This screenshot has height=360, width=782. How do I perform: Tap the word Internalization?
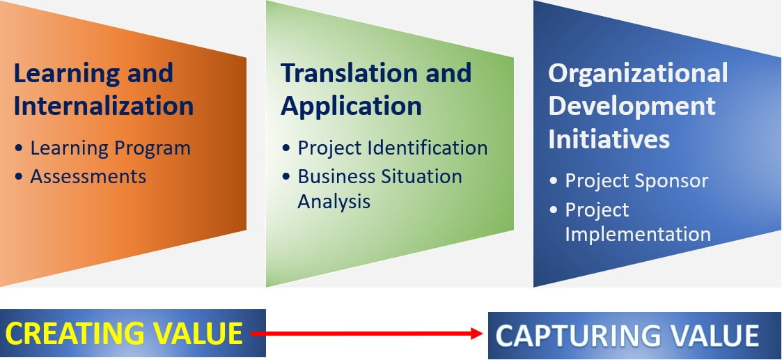pyautogui.click(x=104, y=107)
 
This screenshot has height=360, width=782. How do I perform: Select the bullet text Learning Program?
pyautogui.click(x=110, y=148)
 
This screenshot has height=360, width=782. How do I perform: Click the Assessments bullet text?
pyautogui.click(x=88, y=176)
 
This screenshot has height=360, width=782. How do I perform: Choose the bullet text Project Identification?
pyautogui.click(x=393, y=148)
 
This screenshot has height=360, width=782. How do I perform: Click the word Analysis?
pyautogui.click(x=334, y=202)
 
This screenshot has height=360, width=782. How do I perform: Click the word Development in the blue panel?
pyautogui.click(x=632, y=107)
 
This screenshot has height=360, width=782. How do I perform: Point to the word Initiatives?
pyautogui.click(x=609, y=139)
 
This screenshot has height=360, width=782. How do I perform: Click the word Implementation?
pyautogui.click(x=638, y=235)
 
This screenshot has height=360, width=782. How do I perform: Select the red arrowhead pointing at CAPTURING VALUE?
pyautogui.click(x=477, y=334)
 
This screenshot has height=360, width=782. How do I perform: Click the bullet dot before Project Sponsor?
pyautogui.click(x=553, y=182)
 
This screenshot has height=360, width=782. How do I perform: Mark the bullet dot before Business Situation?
pyautogui.click(x=286, y=177)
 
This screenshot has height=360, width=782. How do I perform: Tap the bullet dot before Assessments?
pyautogui.click(x=18, y=177)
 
